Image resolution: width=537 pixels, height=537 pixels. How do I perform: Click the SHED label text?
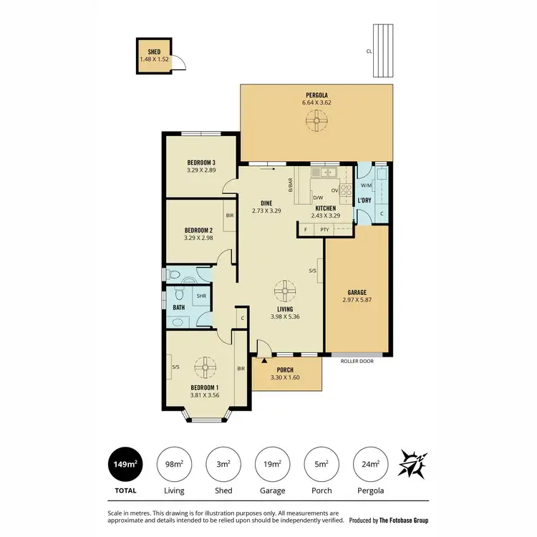coord(154,52)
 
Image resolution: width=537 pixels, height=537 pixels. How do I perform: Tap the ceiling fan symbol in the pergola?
coord(316,122)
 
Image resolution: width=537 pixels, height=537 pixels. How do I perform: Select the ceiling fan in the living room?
coord(285,291)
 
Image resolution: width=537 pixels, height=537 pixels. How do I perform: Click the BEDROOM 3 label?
coord(201,163)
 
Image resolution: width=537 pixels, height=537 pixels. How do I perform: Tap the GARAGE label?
coord(357,292)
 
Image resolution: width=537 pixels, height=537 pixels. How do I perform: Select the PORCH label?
coord(286,370)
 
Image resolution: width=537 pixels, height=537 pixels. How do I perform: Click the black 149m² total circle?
coord(125,465)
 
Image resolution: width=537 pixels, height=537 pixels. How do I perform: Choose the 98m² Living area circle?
coord(174,465)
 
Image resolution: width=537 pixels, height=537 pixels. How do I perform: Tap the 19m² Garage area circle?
coord(272,465)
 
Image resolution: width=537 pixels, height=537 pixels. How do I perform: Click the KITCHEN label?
coord(325,208)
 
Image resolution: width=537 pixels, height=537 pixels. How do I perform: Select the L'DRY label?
coord(364,200)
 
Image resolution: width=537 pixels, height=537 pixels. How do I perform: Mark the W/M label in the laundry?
coord(366,184)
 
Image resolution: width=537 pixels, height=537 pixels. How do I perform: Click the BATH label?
coord(179,307)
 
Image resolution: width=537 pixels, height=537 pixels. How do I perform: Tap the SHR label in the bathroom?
coord(201,295)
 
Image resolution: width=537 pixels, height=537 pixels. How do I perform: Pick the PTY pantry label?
coord(324,229)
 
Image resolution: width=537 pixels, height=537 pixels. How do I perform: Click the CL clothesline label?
coord(368,51)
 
